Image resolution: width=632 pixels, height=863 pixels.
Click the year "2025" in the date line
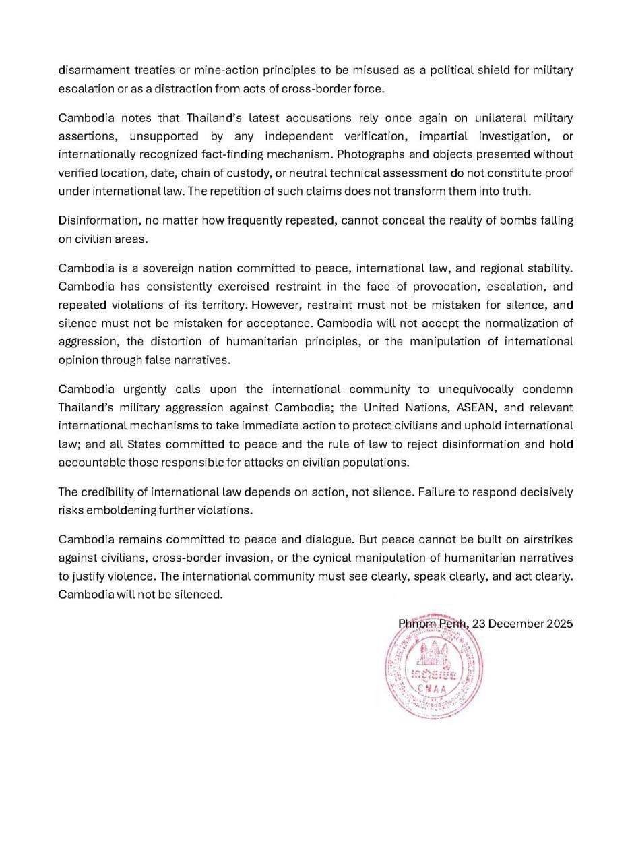pos(559,624)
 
